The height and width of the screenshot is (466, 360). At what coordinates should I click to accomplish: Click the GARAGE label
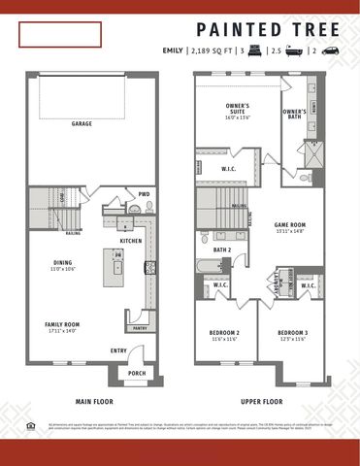(82, 123)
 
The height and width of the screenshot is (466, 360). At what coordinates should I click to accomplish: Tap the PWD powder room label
(144, 193)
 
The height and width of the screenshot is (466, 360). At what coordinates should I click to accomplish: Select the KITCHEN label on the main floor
(131, 241)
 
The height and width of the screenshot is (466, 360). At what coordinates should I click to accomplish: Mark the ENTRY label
(117, 350)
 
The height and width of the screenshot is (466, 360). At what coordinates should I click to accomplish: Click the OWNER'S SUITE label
(239, 108)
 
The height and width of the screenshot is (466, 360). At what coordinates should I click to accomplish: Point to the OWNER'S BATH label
(295, 113)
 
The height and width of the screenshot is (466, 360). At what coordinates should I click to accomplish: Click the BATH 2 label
(221, 250)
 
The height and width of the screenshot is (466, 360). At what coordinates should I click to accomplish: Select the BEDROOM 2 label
(224, 333)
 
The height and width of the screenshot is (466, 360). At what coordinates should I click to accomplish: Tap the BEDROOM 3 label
(291, 333)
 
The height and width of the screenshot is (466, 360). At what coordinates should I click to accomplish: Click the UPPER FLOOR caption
(261, 400)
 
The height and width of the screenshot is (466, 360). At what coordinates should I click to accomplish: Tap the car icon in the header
(330, 50)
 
